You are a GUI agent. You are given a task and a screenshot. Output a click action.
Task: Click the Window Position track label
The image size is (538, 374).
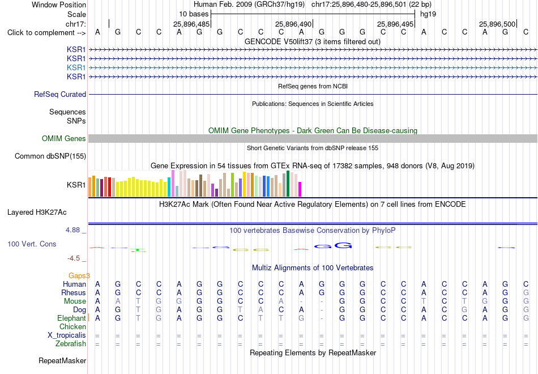[x=59, y=5]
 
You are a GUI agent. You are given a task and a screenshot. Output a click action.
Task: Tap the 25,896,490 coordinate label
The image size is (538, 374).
[x=293, y=24]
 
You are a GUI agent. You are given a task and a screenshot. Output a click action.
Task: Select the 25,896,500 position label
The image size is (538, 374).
[x=497, y=24]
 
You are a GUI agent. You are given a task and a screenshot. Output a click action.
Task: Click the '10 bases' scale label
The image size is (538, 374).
[x=194, y=14]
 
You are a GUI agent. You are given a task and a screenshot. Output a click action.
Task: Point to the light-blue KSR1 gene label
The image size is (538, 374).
[x=76, y=67]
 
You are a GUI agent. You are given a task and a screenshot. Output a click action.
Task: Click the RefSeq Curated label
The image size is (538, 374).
[x=60, y=95]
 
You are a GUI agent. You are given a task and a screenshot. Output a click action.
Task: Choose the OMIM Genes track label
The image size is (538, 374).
[x=64, y=138]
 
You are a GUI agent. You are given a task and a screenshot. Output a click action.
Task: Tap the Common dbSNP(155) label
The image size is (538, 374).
[x=50, y=156]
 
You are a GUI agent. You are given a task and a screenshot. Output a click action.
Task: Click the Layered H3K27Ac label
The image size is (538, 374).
[x=37, y=212]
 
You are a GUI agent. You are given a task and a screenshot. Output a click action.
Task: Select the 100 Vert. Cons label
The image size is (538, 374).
[x=32, y=244]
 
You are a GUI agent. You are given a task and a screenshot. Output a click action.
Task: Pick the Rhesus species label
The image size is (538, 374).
[x=74, y=292]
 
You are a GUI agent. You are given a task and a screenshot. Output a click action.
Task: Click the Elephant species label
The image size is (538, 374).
[x=71, y=318]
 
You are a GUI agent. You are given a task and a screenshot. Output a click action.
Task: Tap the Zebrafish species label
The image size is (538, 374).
[x=71, y=344]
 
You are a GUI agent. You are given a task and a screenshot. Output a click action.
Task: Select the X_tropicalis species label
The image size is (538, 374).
[x=67, y=335]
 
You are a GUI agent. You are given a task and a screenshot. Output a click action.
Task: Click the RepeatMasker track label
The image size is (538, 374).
[x=62, y=360]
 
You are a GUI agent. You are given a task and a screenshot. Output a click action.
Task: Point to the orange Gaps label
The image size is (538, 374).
[x=79, y=276]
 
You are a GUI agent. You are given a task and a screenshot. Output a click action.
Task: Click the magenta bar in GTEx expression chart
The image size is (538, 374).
[x=300, y=189]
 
